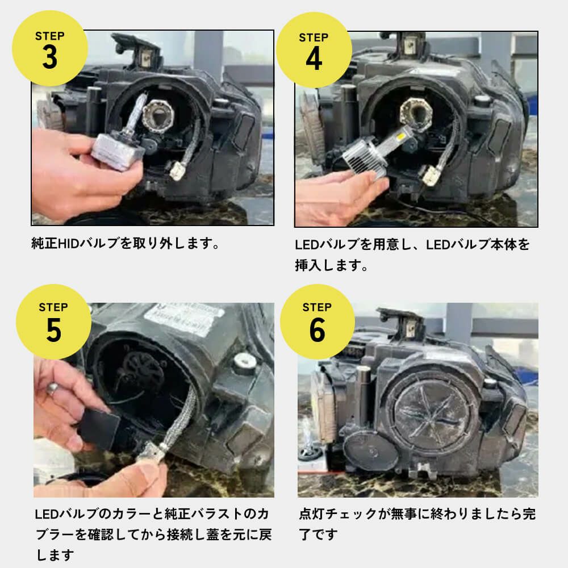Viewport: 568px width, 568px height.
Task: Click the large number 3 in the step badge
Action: tap(50, 57)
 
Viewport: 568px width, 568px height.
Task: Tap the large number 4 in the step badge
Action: tap(314, 59)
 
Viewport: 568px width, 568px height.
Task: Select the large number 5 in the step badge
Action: tap(53, 329)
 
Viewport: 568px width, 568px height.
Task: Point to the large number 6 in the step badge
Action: tap(318, 329)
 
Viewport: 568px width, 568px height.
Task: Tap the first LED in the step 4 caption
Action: tap(306, 245)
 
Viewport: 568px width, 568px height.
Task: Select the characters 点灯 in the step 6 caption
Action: tap(311, 514)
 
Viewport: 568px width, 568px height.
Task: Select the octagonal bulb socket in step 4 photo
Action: tap(416, 111)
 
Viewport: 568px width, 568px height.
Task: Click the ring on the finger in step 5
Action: tap(53, 389)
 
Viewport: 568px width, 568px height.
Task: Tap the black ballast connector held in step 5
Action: tap(98, 428)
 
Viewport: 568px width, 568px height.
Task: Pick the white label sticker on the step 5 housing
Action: tap(184, 318)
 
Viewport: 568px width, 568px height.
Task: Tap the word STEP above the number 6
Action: tap(317, 307)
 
